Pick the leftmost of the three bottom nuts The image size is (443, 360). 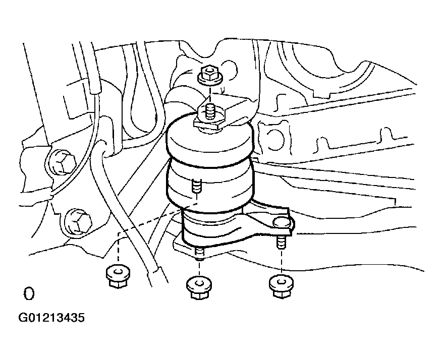pyautogui.click(x=117, y=276)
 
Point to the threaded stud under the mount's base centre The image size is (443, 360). pyautogui.click(x=199, y=252)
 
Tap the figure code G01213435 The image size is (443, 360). pyautogui.click(x=51, y=318)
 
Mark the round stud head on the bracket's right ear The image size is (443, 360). pyautogui.click(x=283, y=223)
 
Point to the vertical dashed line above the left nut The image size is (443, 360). pyautogui.click(x=117, y=250)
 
